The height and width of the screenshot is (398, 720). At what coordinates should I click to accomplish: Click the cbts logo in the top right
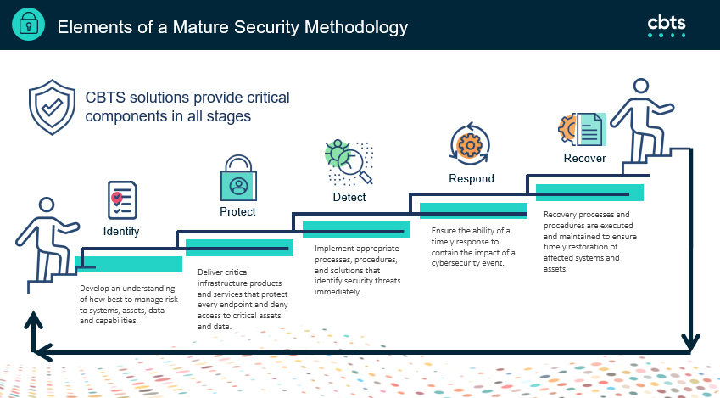pos(666,25)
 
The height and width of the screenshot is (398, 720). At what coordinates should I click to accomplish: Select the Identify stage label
pos(121,231)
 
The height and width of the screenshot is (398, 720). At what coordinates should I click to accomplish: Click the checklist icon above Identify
pos(121,199)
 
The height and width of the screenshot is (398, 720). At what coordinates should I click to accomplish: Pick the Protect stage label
pos(237,211)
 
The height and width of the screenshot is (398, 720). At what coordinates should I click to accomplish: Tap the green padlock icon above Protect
pos(237,177)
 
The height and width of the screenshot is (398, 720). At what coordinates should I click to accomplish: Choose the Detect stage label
pos(349,197)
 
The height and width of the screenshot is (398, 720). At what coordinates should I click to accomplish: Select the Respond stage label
pos(471,178)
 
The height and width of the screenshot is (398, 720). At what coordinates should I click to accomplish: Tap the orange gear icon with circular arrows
pos(467,144)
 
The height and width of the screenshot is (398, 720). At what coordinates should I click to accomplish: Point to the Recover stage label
pos(584,158)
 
